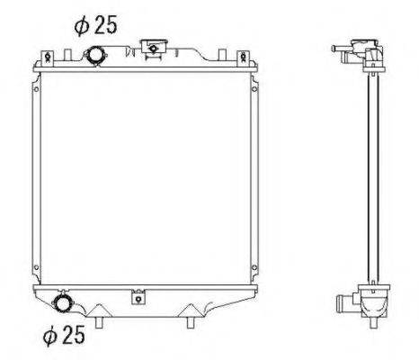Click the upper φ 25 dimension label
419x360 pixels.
[96, 27]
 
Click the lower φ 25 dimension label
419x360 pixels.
[64, 336]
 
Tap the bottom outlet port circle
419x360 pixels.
[65, 301]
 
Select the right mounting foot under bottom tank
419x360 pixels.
[192, 319]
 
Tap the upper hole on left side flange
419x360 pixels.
[35, 89]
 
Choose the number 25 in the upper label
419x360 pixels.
[106, 27]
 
